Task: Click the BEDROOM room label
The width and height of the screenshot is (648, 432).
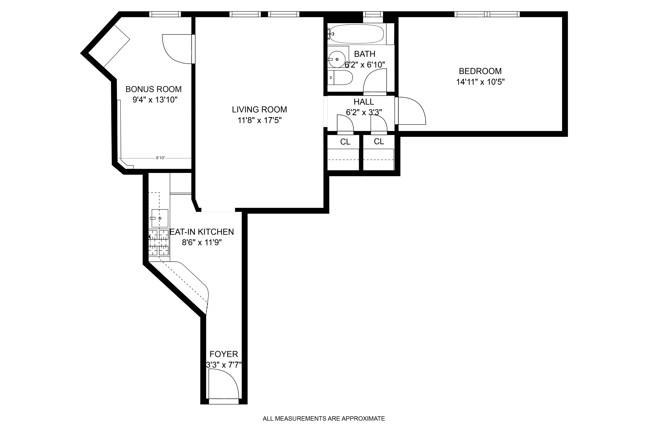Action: point(480,71)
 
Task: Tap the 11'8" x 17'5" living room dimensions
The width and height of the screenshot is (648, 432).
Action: point(259,120)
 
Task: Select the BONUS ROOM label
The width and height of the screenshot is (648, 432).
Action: point(153,89)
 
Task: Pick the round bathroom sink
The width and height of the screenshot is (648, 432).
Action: point(337,59)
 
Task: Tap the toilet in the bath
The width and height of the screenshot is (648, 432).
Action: point(341,77)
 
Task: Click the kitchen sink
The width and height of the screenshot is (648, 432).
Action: point(160,218)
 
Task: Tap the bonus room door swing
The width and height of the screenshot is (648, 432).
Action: point(177,49)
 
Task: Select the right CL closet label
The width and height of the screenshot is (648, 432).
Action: point(379,142)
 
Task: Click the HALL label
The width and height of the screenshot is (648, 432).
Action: point(364,102)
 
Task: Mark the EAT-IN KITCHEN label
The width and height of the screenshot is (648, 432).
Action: point(202,232)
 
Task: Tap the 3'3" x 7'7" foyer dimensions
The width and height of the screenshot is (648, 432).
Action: point(224,365)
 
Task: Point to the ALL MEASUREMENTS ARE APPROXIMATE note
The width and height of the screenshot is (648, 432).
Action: point(323,419)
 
